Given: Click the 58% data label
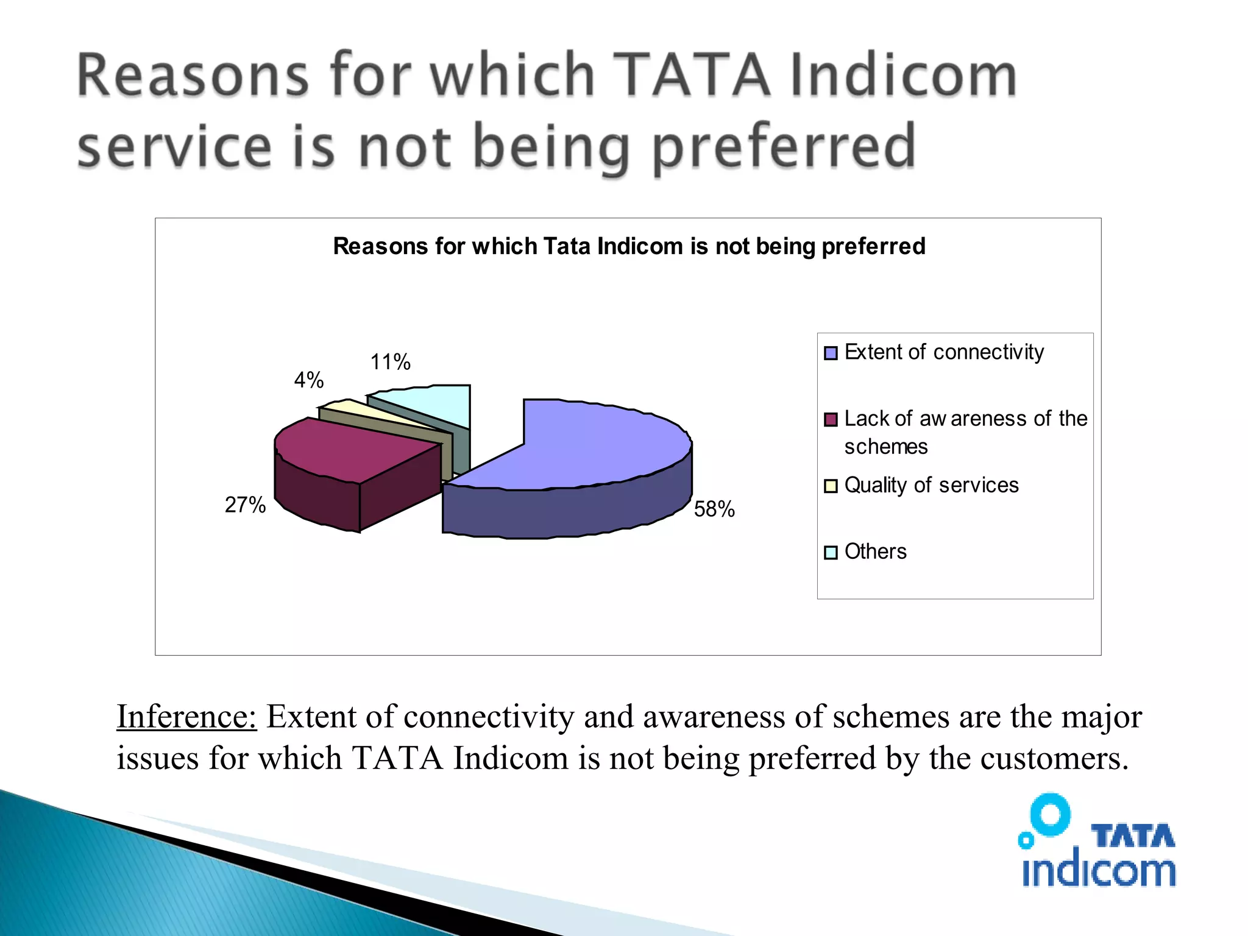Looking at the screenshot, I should [714, 509].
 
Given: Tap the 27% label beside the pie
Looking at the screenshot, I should [245, 505].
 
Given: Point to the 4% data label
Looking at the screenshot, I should [309, 380].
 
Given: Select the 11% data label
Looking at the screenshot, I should [391, 362].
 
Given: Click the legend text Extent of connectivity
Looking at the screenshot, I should [944, 352].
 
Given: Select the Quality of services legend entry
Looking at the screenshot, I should [931, 485].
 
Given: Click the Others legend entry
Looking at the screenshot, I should [875, 551].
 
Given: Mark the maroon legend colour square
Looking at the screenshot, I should [831, 420].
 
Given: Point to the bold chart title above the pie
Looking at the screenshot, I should [629, 246].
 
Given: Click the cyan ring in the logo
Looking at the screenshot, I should [1050, 814].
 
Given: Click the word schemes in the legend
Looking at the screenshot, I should [885, 447].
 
